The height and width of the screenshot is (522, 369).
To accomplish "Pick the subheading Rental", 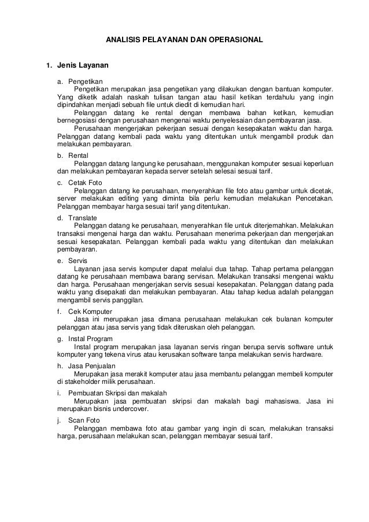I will point(78,157).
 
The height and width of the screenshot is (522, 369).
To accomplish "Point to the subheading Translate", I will point(83,218).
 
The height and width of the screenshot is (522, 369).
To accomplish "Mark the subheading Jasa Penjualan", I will point(91,365).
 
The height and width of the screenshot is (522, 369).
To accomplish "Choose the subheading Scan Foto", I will point(85,420).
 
